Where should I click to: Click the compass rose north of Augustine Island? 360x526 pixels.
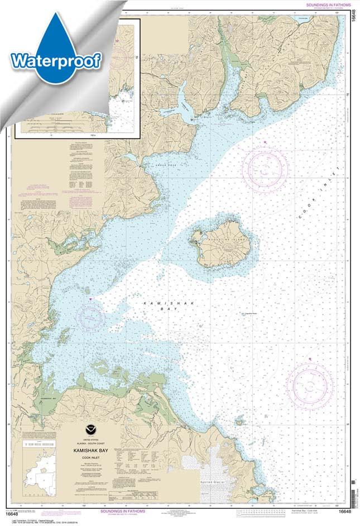tap(266, 167)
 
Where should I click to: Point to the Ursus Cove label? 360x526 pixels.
tap(173, 163)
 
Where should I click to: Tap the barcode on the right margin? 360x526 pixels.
tap(353, 491)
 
